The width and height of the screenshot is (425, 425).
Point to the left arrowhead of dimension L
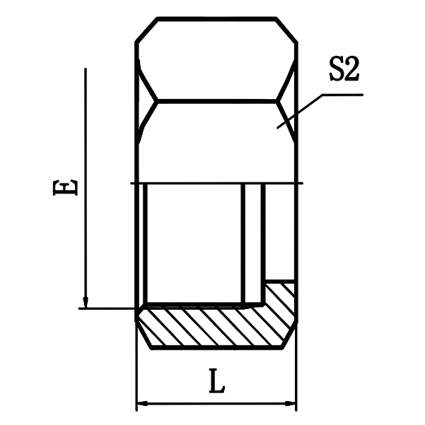[x=141, y=404]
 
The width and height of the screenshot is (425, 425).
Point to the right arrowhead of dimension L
[x=291, y=404]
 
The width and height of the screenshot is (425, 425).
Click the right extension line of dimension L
[x=296, y=375]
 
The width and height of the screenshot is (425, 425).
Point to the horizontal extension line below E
[x=106, y=308]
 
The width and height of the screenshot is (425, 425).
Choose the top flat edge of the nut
[x=216, y=19]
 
